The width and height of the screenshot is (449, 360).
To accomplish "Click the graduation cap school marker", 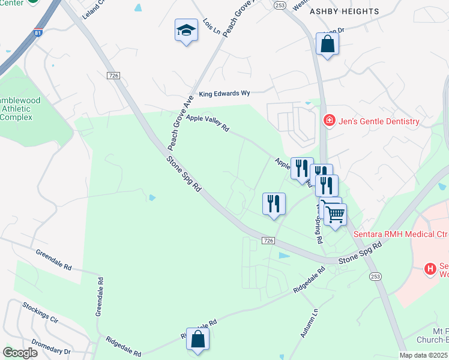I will click(186, 30).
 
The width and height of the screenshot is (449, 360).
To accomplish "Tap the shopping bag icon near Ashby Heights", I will click(327, 44).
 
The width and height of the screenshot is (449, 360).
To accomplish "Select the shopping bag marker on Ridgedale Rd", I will click(197, 340).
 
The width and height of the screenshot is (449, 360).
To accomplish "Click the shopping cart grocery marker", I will click(336, 214).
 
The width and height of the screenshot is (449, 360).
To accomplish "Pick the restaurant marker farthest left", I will click(274, 204).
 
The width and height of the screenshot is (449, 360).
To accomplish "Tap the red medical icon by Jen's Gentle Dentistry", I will click(329, 121).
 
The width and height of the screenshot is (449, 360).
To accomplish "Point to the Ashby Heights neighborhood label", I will click(344, 11).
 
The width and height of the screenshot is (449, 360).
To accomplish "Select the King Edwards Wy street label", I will click(224, 94).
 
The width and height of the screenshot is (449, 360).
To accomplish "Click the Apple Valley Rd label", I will click(208, 123).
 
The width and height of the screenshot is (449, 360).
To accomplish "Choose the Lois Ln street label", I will click(211, 26).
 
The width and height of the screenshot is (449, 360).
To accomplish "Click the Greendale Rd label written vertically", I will click(100, 296).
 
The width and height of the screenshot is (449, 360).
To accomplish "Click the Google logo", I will click(20, 352).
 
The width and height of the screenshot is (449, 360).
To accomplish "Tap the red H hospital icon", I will click(430, 269).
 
